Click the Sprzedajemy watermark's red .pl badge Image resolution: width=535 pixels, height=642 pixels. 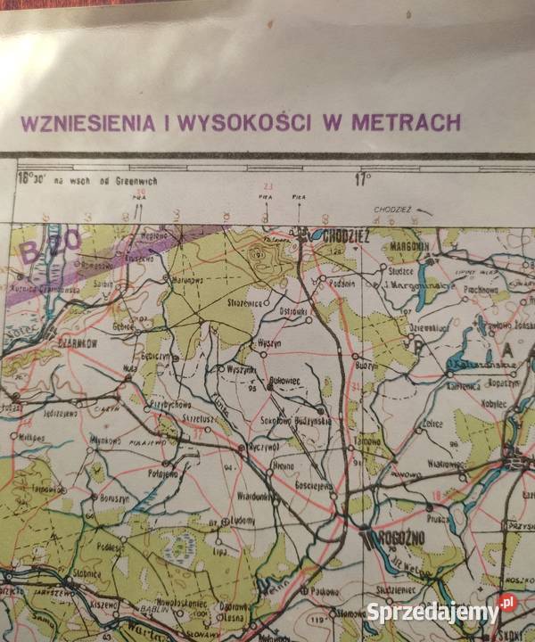(507, 603)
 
